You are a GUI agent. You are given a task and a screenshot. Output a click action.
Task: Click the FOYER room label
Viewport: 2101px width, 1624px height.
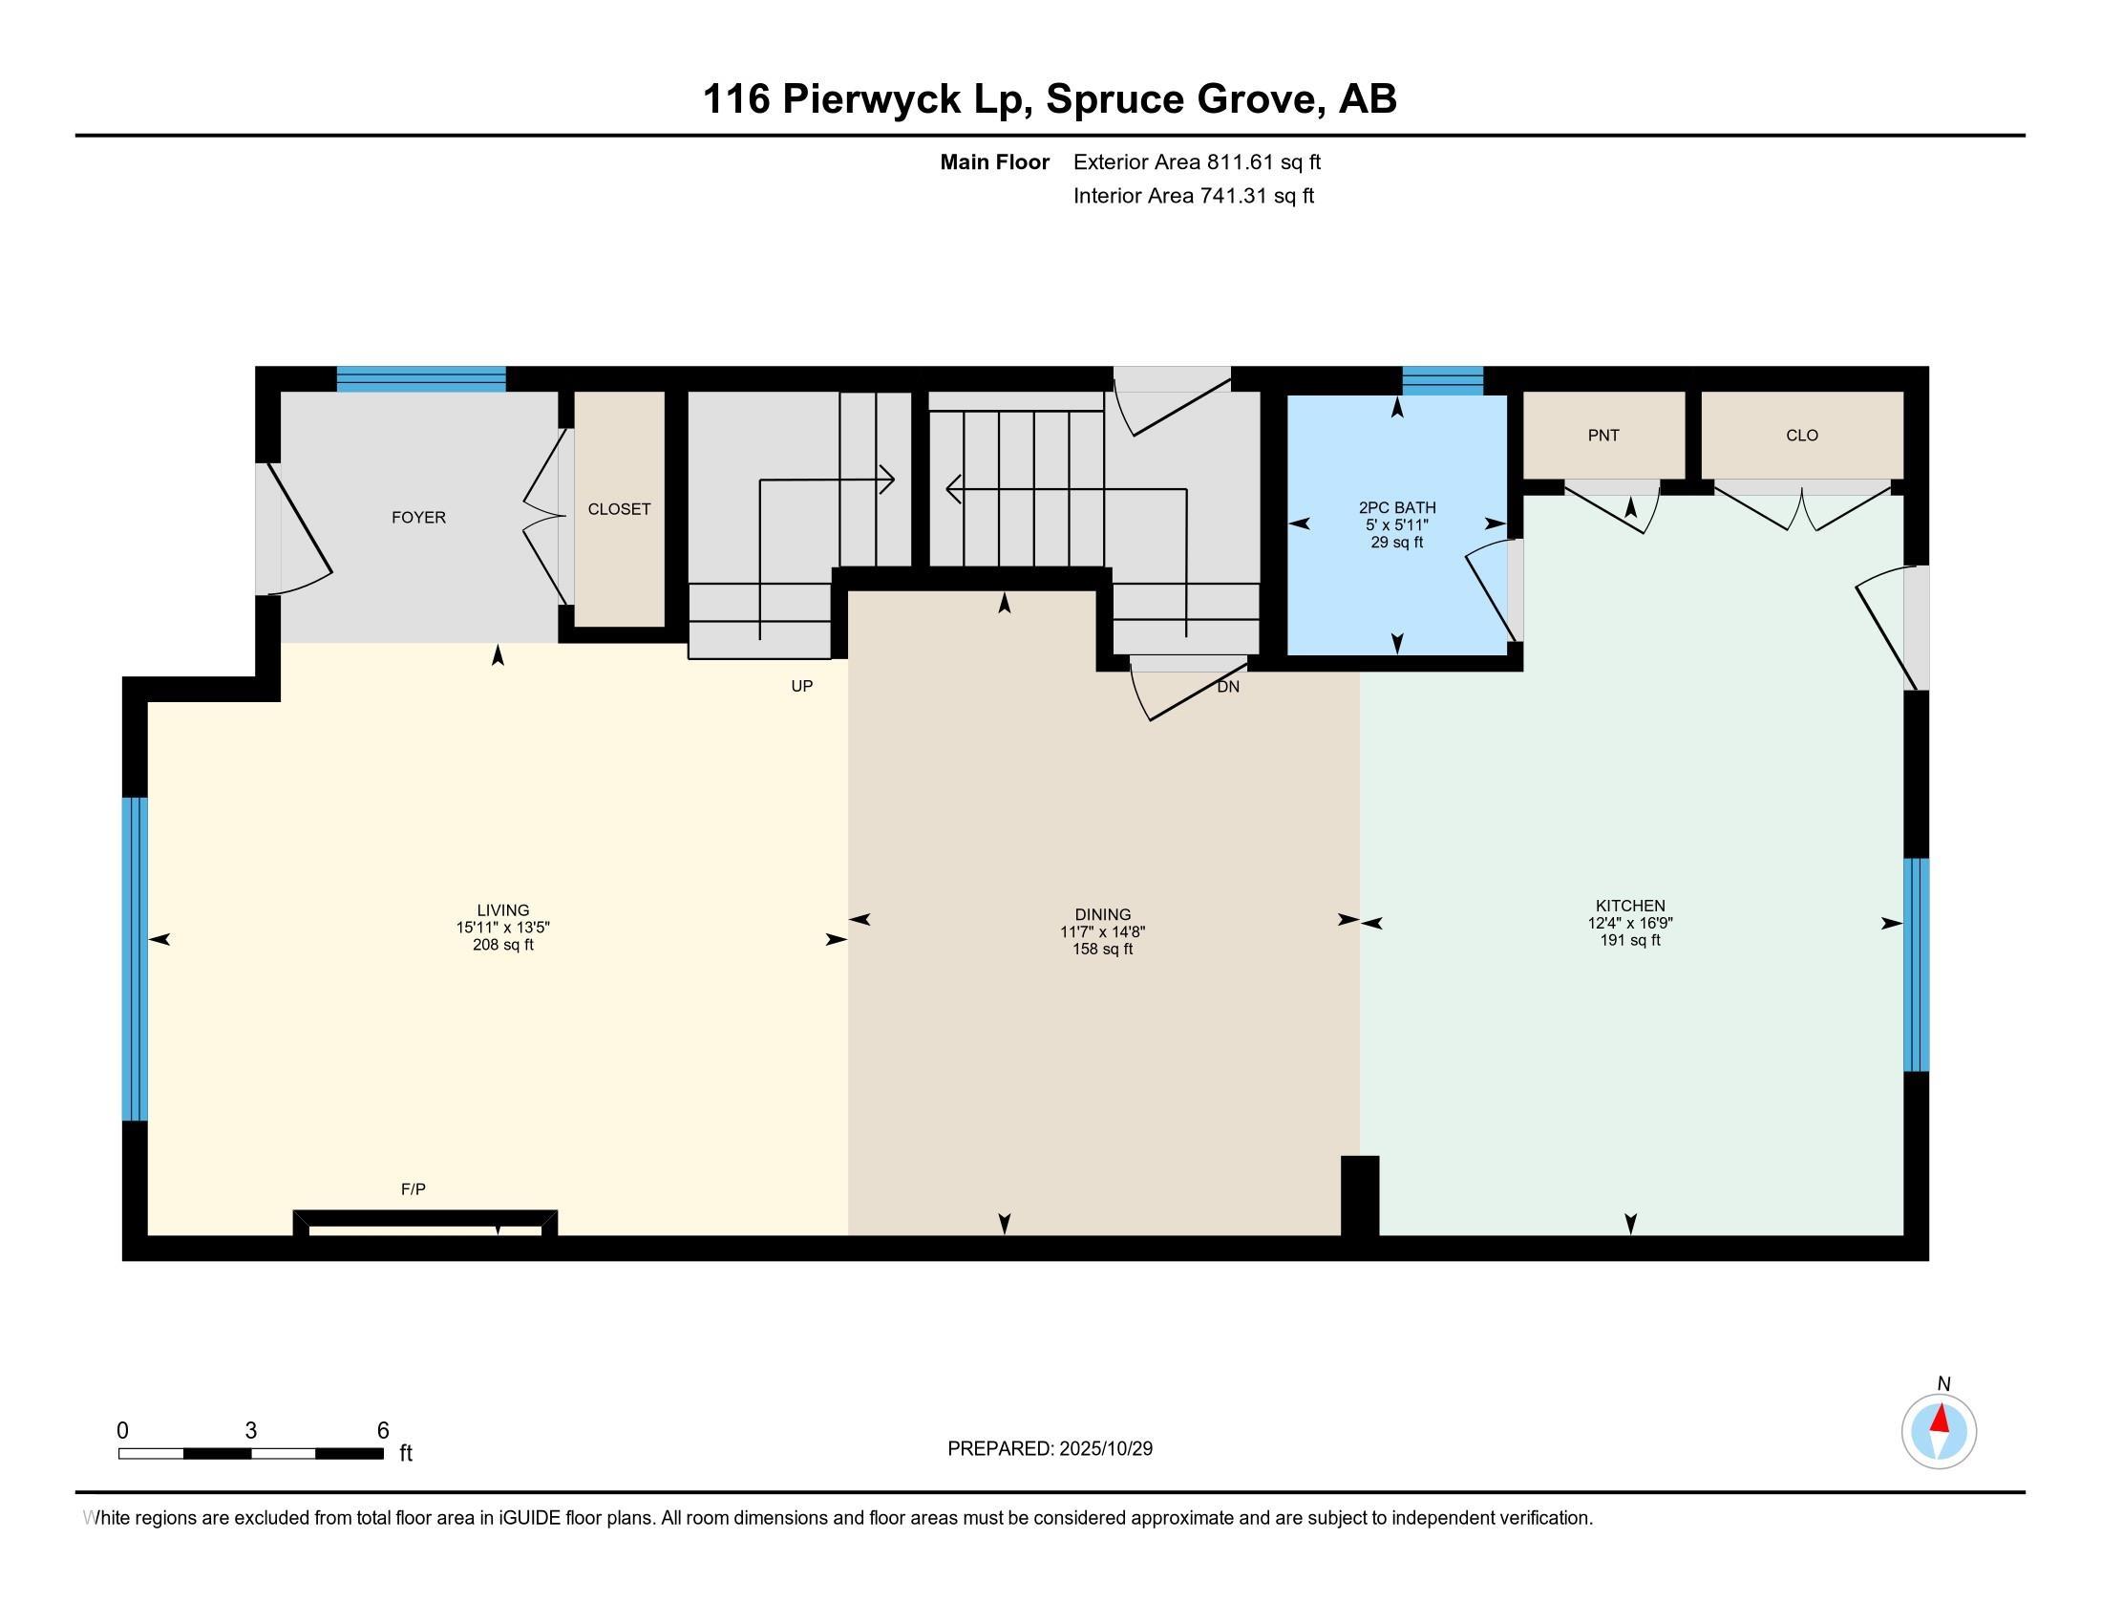(x=418, y=518)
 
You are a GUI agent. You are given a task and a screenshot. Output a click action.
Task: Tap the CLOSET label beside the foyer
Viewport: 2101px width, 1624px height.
(x=620, y=510)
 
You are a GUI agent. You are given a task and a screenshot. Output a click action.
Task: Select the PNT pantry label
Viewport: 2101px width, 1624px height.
(x=1602, y=436)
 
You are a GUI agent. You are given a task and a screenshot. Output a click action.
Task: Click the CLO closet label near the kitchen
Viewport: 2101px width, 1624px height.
(x=1802, y=436)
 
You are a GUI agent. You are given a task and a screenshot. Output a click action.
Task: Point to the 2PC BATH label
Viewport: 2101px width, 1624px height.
(x=1397, y=508)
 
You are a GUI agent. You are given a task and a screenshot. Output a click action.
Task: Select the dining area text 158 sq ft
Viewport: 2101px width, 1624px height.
(x=1102, y=950)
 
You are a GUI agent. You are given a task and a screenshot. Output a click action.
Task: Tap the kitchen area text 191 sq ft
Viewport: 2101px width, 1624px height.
(x=1629, y=941)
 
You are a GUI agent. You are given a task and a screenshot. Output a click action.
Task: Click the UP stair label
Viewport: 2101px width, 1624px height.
(x=801, y=686)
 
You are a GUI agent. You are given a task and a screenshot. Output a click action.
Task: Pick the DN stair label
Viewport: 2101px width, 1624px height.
(x=1228, y=687)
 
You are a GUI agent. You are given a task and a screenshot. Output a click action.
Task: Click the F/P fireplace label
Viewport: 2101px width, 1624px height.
(x=413, y=1190)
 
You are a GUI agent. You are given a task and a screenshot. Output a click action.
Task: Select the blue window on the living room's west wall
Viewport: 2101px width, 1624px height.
(x=135, y=959)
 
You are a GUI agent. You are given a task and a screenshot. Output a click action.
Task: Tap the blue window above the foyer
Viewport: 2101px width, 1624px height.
(x=421, y=379)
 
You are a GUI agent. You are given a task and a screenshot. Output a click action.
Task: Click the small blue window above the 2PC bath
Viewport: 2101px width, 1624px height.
(x=1442, y=381)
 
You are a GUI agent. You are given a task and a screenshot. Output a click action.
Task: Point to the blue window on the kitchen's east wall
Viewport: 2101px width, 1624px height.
(x=1917, y=965)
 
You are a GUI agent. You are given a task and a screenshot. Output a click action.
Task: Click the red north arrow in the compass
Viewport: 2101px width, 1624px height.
(x=1941, y=1419)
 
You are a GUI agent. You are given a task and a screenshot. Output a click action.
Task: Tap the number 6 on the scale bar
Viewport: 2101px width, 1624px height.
(x=383, y=1431)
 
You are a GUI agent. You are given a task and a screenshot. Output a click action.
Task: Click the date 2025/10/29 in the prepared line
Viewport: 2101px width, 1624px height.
(x=1105, y=1449)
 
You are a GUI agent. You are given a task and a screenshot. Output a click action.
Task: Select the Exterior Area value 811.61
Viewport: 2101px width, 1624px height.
(x=1240, y=162)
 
